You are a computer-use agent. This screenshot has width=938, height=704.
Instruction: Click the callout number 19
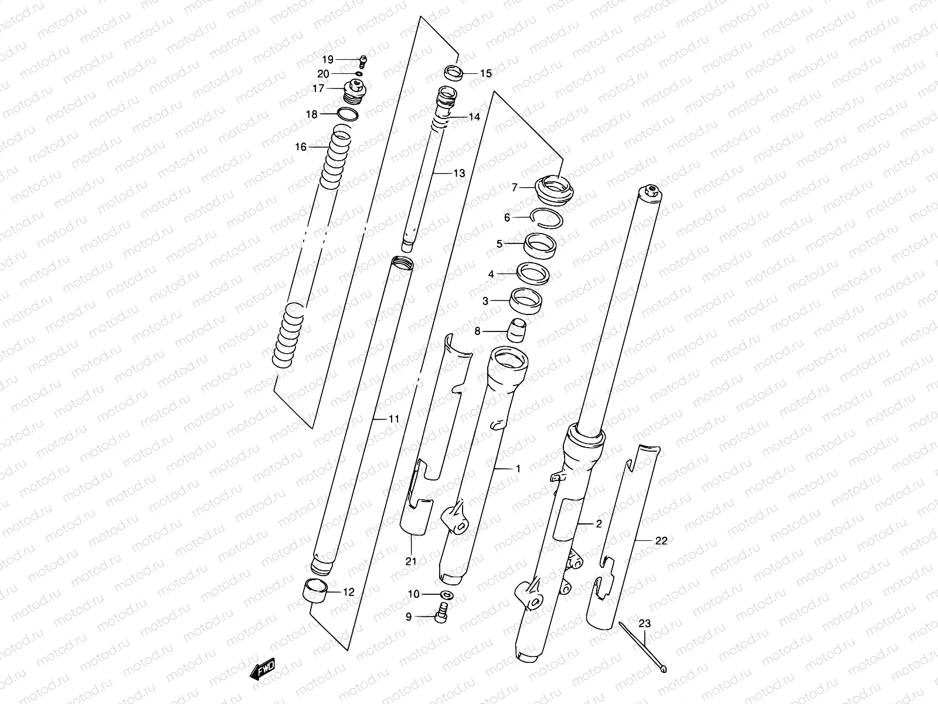click(327, 59)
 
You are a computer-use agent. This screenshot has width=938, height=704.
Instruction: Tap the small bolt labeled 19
click(362, 59)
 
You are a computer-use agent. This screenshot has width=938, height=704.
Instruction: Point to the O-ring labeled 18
click(348, 114)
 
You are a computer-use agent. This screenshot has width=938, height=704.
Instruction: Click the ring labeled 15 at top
click(453, 73)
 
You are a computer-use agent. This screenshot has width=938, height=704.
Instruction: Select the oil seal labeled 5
click(541, 243)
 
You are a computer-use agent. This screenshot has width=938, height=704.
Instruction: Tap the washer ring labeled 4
click(532, 273)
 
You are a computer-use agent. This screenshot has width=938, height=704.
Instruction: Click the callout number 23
click(644, 624)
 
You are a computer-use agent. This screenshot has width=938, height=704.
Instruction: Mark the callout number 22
click(661, 541)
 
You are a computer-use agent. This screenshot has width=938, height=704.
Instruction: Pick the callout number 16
click(301, 147)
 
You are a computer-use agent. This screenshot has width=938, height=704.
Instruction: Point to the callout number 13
click(458, 173)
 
